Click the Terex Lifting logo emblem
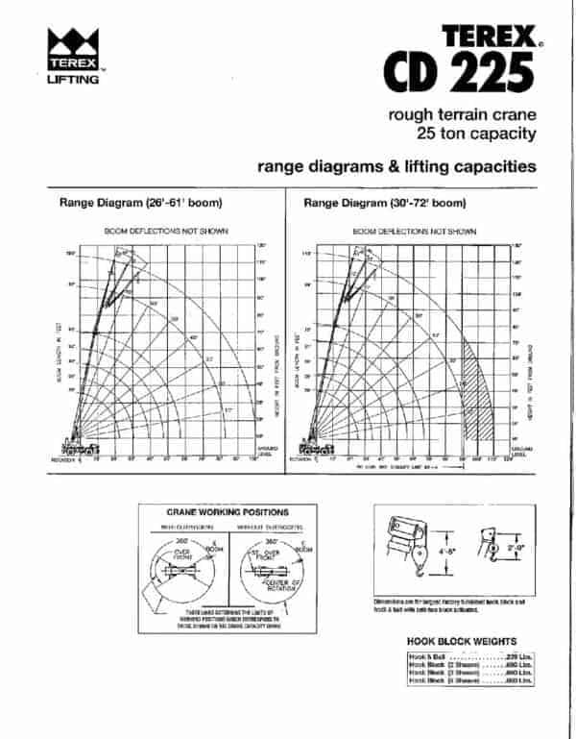[x=73, y=46]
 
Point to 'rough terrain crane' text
[x=462, y=115]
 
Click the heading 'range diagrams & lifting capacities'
[x=396, y=166]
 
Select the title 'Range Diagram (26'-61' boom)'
[x=141, y=203]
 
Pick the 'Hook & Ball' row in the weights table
[x=470, y=657]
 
